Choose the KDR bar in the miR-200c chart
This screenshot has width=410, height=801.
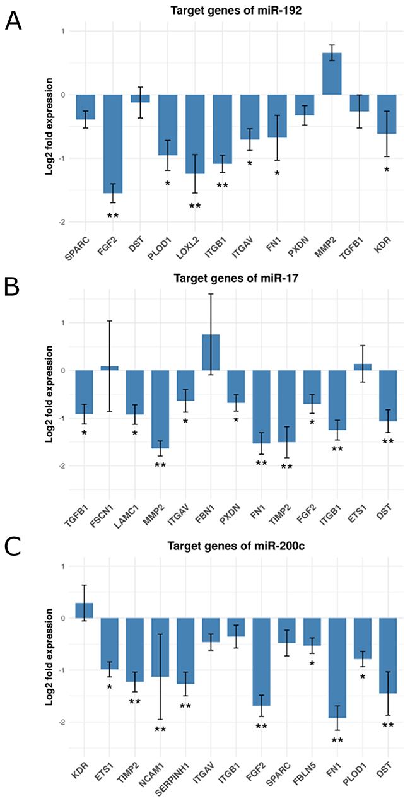click(85, 611)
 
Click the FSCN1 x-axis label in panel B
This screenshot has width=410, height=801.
click(105, 507)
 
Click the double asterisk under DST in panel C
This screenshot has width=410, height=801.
click(387, 725)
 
